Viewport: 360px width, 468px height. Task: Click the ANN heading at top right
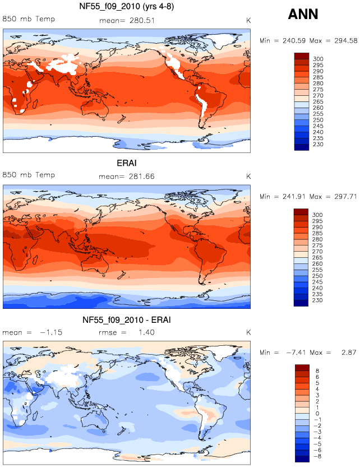click(303, 14)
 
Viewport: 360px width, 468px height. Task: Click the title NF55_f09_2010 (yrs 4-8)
click(127, 6)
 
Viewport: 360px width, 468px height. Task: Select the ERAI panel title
click(127, 163)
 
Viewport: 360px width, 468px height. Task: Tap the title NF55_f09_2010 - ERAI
click(127, 320)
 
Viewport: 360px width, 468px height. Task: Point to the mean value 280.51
click(142, 21)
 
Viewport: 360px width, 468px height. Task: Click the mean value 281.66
click(142, 177)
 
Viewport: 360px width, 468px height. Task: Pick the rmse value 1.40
click(146, 332)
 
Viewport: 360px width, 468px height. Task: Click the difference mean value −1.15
click(51, 332)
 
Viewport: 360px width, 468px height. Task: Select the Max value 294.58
click(345, 40)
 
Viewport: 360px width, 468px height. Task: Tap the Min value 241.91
click(294, 197)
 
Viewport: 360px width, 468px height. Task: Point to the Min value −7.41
click(296, 353)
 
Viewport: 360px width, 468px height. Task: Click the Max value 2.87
click(349, 353)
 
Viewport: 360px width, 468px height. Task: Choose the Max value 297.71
click(345, 197)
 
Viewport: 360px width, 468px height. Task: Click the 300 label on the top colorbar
click(318, 59)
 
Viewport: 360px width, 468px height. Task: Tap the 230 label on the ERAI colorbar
click(317, 300)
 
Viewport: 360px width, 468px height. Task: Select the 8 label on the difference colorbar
click(317, 370)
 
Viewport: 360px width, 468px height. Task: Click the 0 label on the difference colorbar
click(317, 414)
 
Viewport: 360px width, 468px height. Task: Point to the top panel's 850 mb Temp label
click(29, 19)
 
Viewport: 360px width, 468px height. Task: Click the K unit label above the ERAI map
click(248, 177)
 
